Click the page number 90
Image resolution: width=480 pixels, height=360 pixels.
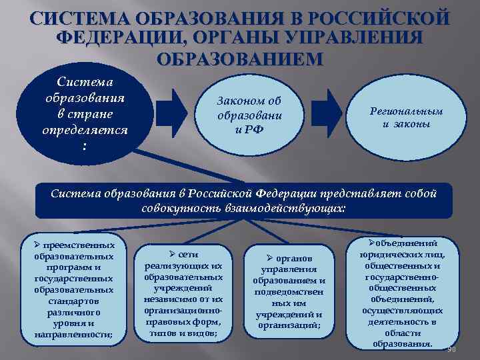pyautogui.click(x=451, y=351)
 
